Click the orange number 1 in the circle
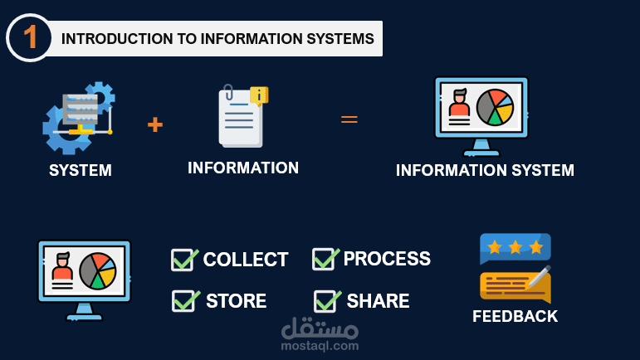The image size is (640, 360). click(30, 37)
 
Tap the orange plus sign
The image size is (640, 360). click(155, 124)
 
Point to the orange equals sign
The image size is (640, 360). click(349, 119)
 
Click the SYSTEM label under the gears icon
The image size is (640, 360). click(81, 170)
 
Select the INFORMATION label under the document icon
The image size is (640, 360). click(243, 168)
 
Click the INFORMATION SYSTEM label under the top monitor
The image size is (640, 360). click(485, 170)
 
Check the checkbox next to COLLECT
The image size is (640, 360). click(183, 260)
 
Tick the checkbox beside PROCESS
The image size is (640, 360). click(325, 259)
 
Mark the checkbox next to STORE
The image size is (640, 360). click(184, 301)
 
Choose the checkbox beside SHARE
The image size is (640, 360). click(325, 301)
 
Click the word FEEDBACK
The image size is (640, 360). click(515, 316)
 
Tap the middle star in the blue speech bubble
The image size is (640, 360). click(515, 246)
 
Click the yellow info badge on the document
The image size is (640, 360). click(259, 96)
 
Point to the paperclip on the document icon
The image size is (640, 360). click(228, 92)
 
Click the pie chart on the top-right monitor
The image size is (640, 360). click(495, 108)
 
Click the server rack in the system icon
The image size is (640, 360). click(80, 109)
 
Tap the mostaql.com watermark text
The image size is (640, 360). click(320, 346)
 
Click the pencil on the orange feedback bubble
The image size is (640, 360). click(540, 277)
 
